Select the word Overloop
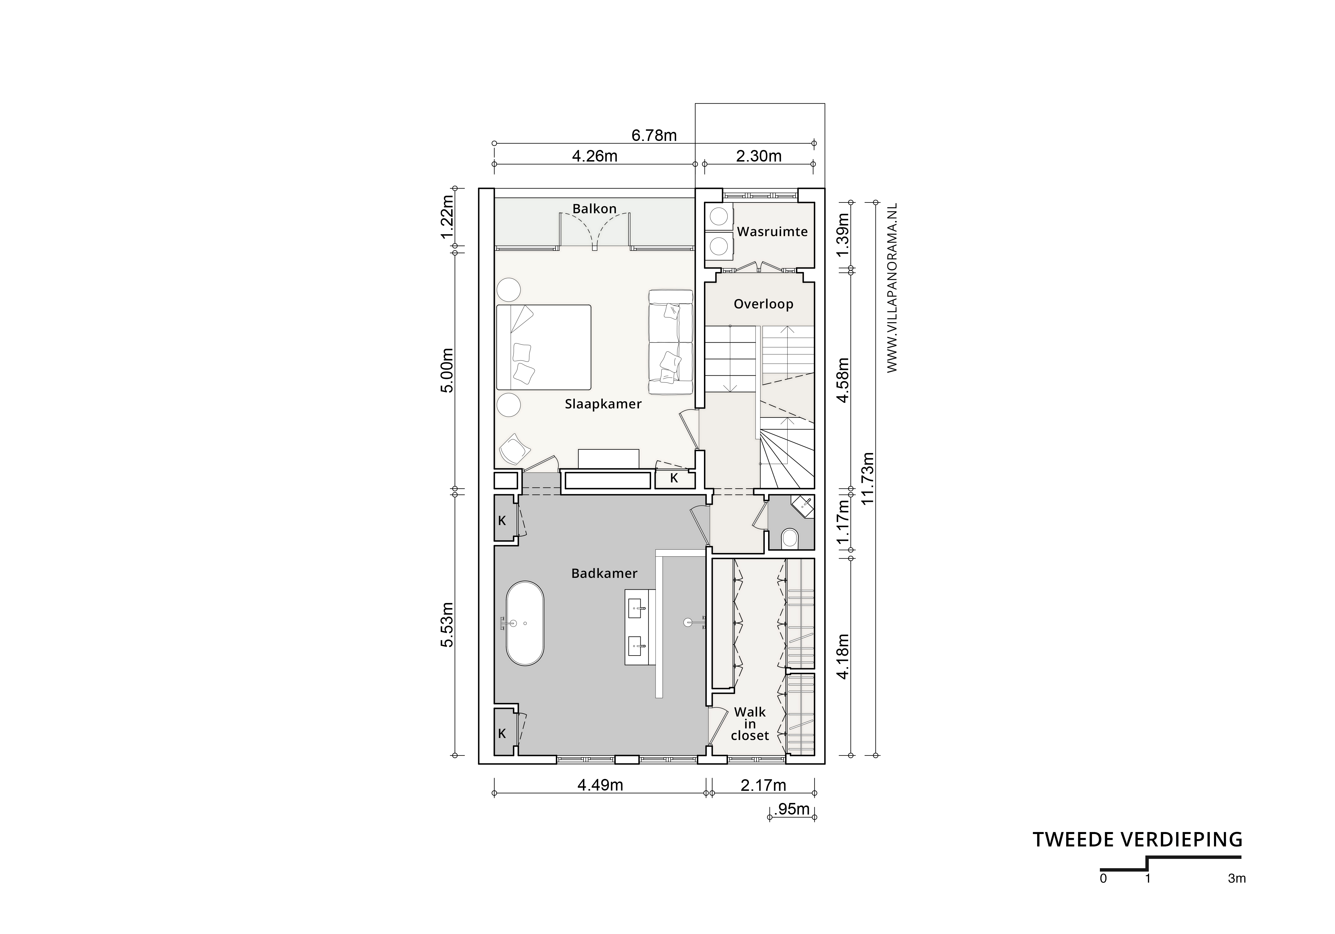[763, 304]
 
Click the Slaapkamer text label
[603, 404]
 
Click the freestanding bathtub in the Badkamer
[525, 623]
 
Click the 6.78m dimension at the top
[654, 135]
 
